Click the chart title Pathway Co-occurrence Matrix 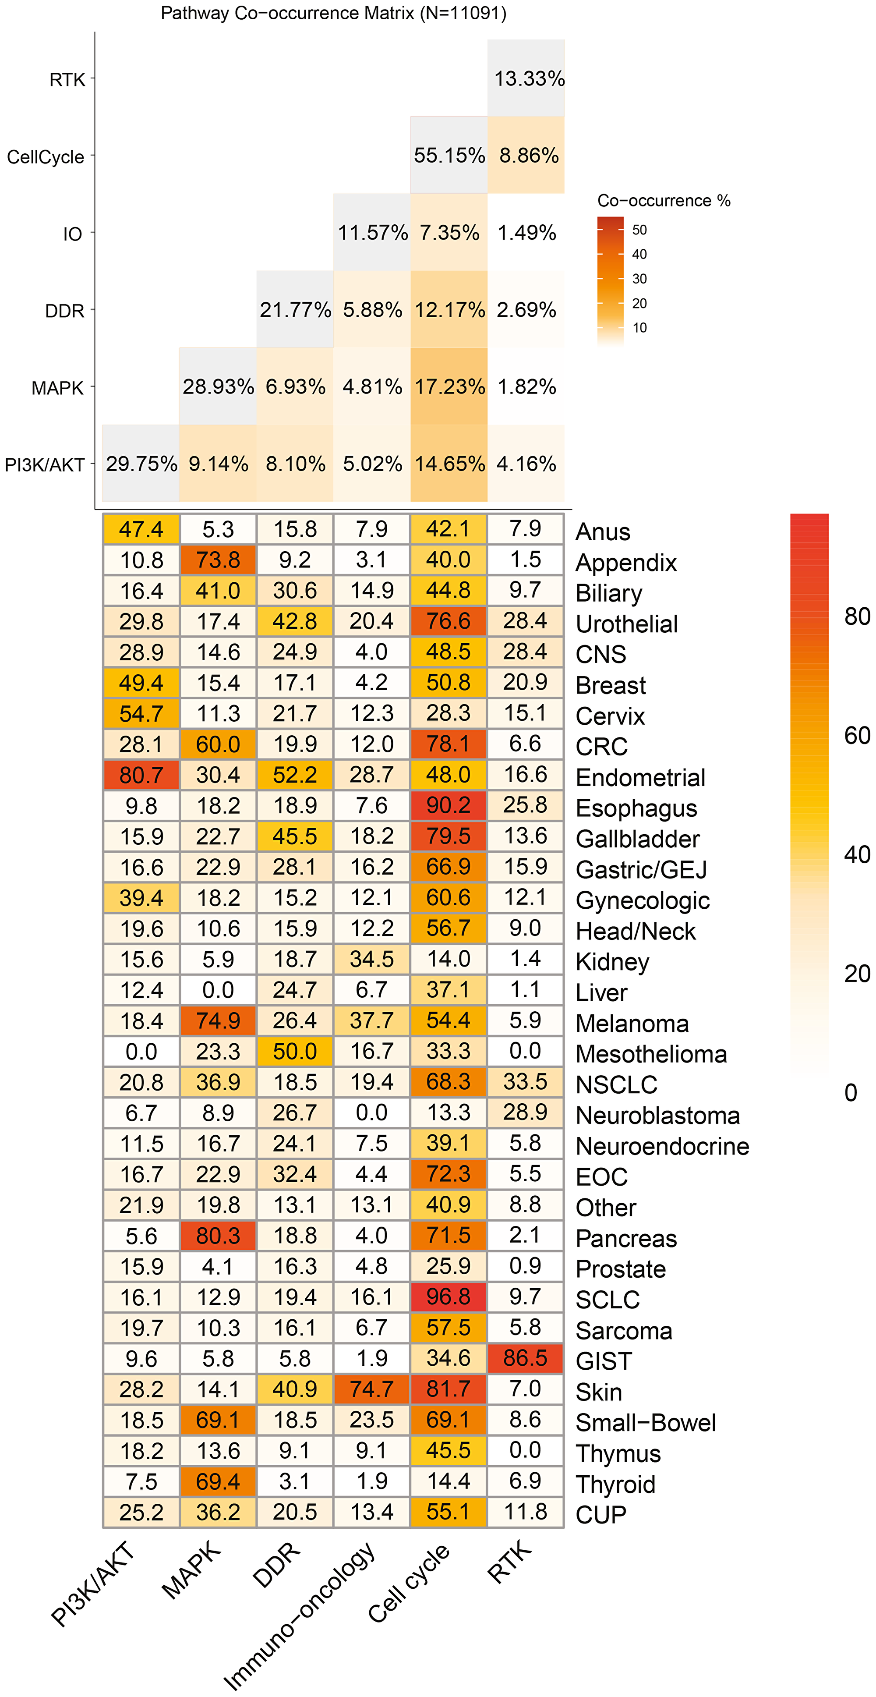tap(333, 13)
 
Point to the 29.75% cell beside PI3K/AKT tap(141, 464)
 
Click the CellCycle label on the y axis tap(46, 157)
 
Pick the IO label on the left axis tap(72, 234)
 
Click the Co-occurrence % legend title tap(663, 201)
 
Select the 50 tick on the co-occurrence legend tap(639, 230)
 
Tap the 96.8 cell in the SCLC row tap(449, 1297)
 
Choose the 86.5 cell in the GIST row tap(525, 1358)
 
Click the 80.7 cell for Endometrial tap(141, 775)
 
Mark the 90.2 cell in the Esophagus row tap(449, 805)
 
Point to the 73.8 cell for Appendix tap(218, 560)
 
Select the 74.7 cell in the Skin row tap(371, 1389)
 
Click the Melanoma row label tap(632, 1024)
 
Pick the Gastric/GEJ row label tap(641, 870)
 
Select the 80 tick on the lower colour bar tap(857, 616)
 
